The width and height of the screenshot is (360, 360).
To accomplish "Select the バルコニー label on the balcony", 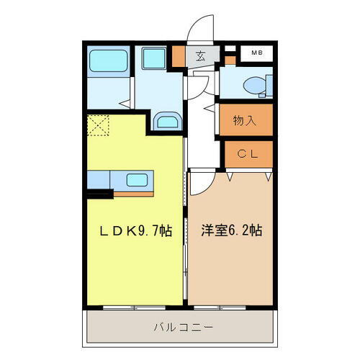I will coord(182,328).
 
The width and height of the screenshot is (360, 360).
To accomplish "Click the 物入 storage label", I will coord(245,121).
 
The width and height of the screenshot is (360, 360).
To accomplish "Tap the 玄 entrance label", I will coord(199,57).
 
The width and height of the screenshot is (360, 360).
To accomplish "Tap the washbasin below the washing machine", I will coord(167,121).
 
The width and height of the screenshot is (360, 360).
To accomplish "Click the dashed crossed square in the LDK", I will coord(98,127).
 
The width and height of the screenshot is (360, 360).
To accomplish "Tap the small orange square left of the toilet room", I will coord(230,60).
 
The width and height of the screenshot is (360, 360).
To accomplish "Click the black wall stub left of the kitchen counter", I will coord(100,192).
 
